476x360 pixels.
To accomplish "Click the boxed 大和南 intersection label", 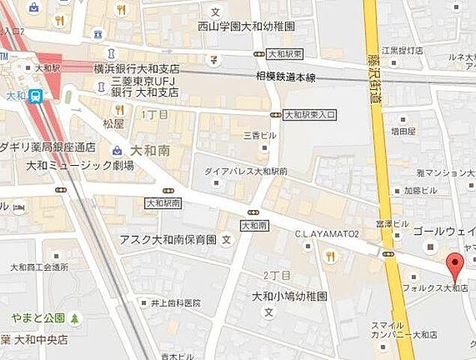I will tap(254, 225).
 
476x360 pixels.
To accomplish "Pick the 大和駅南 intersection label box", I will tap(163, 203).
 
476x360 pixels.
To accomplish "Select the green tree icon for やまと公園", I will tap(75, 319).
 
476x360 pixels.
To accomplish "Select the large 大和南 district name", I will tap(148, 151).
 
